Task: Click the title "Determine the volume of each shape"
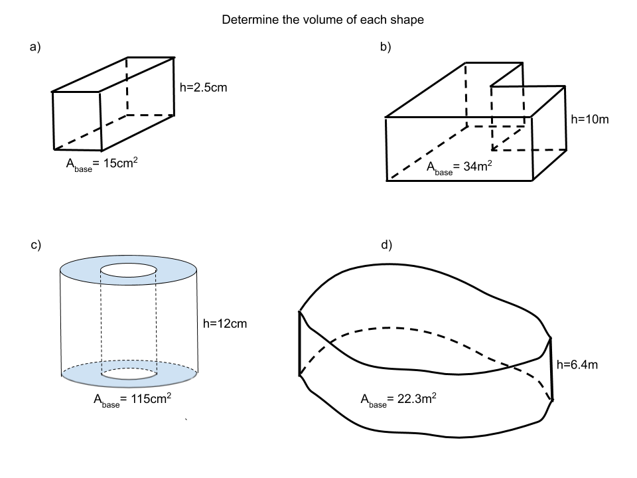322,20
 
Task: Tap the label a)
36,46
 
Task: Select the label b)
386,46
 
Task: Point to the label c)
36,245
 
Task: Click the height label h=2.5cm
204,86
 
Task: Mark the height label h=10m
590,120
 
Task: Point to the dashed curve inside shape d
398,328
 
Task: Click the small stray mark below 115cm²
187,420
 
